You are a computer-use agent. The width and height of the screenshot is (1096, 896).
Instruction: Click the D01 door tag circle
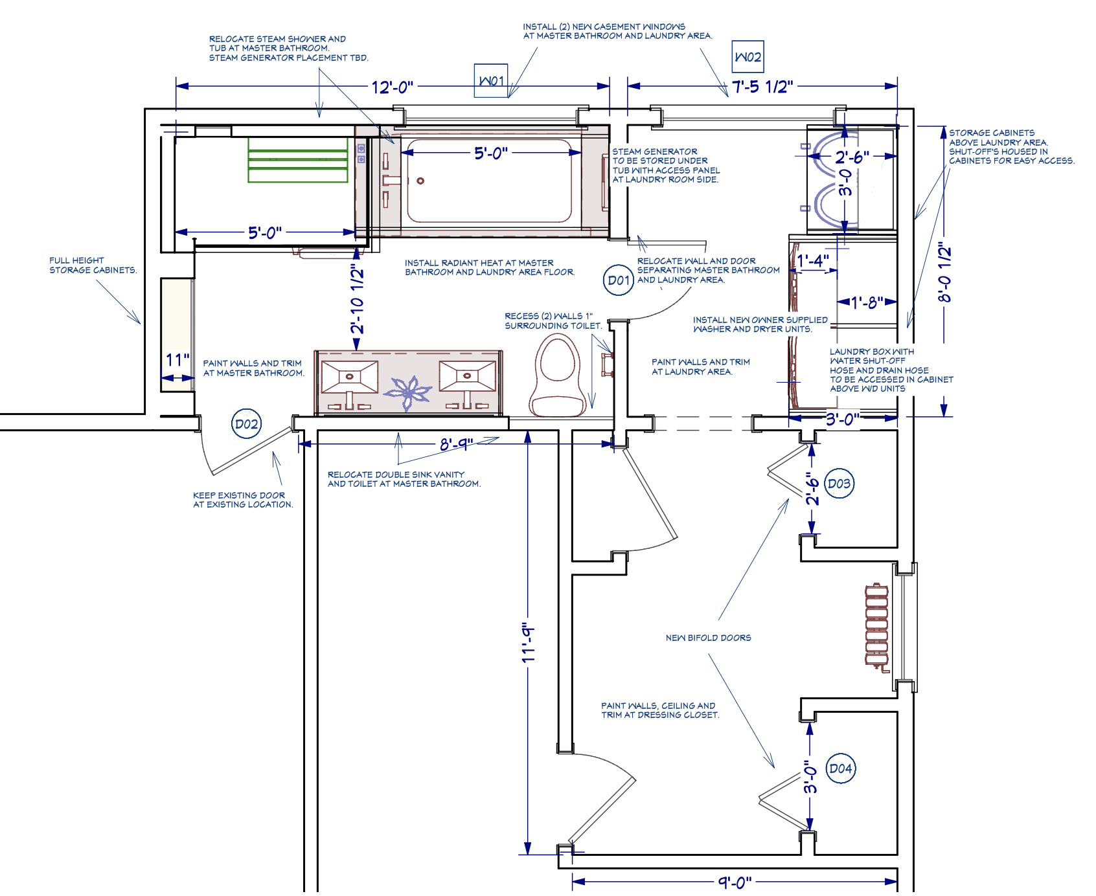point(618,280)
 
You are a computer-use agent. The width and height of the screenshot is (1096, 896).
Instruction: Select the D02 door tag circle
point(246,424)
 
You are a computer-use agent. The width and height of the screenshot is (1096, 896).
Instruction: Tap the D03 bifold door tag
point(839,484)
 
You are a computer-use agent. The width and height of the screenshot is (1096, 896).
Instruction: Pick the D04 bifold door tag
point(841,768)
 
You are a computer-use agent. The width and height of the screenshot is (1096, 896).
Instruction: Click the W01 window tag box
point(491,81)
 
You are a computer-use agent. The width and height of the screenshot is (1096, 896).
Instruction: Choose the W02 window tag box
point(748,57)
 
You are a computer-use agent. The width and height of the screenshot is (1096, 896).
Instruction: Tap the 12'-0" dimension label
point(392,87)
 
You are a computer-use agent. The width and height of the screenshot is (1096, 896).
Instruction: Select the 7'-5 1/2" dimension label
point(762,87)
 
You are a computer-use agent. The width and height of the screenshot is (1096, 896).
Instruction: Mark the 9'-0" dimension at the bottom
point(735,882)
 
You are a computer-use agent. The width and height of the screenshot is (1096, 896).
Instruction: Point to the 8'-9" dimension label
point(456,444)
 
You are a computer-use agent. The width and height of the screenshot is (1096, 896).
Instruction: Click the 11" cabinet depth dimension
point(177,360)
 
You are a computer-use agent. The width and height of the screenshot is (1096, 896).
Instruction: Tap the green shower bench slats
point(297,159)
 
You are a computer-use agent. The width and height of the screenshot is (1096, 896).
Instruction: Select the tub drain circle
point(420,181)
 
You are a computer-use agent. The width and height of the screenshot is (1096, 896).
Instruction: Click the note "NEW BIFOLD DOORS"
point(708,638)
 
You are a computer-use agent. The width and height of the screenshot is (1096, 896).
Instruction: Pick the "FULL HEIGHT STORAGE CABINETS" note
point(93,265)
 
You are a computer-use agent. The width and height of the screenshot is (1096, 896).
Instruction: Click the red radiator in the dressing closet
point(876,625)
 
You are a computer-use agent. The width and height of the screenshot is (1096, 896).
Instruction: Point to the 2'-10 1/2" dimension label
point(358,298)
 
